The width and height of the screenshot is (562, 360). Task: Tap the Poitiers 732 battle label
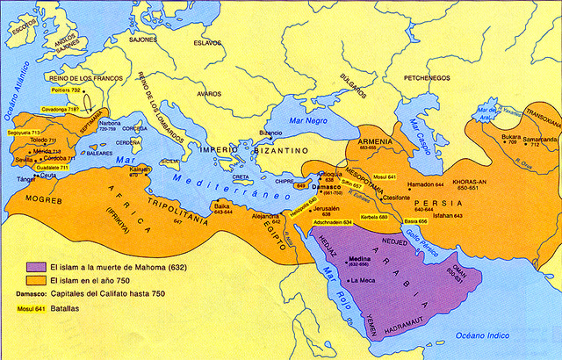66,90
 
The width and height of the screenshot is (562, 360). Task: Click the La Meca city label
362,280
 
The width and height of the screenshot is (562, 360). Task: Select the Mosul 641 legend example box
26,309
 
